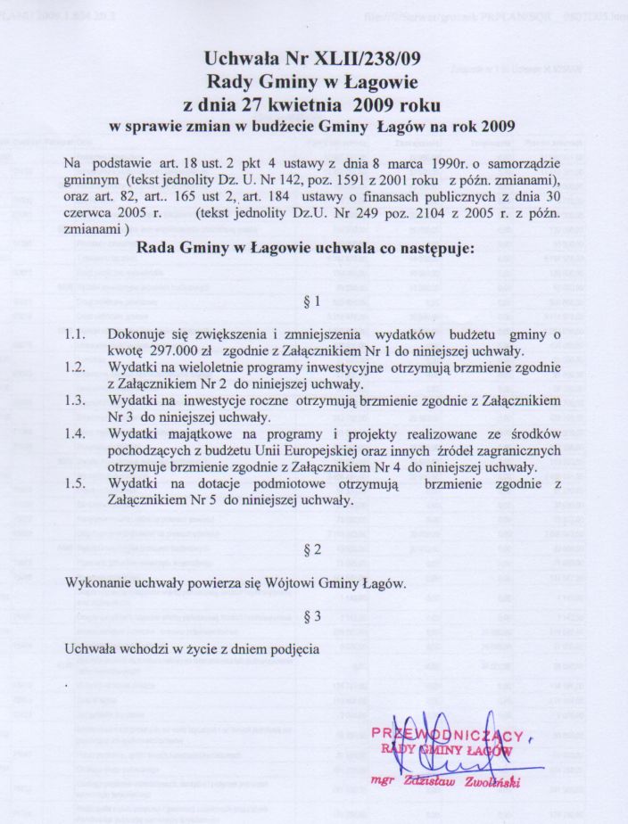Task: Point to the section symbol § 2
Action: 312,550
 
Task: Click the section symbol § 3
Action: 312,615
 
